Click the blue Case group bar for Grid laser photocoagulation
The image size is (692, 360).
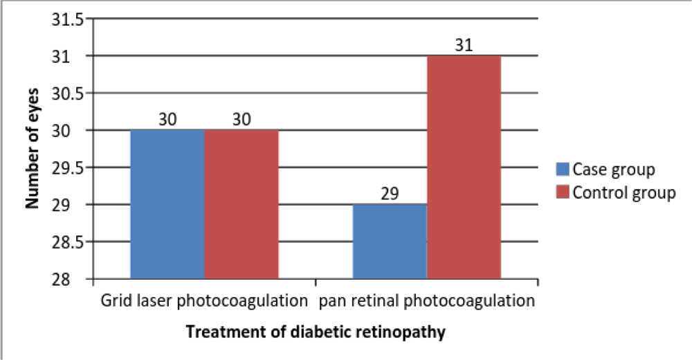click(167, 204)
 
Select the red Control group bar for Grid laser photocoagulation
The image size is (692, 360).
click(242, 204)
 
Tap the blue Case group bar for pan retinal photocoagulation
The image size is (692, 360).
click(390, 242)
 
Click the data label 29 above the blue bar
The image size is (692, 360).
click(390, 194)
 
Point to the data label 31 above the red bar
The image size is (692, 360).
click(464, 45)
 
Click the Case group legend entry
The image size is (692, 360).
click(614, 169)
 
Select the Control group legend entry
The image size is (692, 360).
click(623, 192)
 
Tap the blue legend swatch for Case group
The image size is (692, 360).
click(563, 169)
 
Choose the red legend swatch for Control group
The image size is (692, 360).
click(563, 192)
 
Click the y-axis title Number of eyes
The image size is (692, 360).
click(32, 148)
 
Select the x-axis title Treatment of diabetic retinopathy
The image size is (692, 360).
click(316, 332)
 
